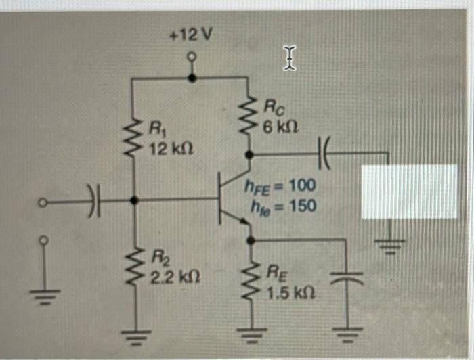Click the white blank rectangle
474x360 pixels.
tap(409, 191)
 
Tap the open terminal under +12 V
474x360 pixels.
tap(192, 58)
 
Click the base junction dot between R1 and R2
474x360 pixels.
tap(134, 200)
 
